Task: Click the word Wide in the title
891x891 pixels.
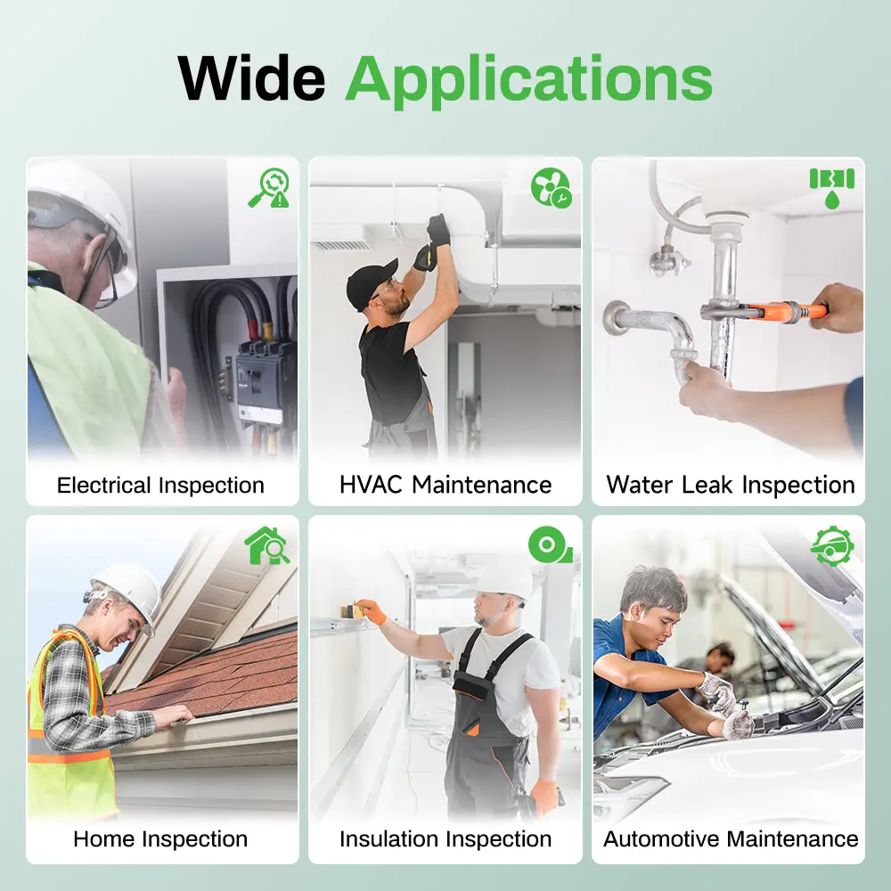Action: (251, 78)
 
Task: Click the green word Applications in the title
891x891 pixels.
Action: (528, 81)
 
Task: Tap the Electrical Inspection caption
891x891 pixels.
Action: (160, 486)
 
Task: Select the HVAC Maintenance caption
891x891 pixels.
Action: (445, 485)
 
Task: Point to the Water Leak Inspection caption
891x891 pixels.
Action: (731, 485)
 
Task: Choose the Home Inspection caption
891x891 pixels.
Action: (160, 838)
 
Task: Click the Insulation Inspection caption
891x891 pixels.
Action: (445, 838)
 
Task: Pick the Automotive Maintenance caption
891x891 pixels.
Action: (731, 838)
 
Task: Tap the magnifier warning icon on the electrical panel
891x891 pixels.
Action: (269, 187)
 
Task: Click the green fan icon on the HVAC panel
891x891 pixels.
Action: (552, 187)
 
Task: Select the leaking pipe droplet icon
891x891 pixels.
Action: (832, 188)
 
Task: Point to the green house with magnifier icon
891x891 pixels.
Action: (266, 545)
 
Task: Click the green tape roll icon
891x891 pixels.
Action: (550, 545)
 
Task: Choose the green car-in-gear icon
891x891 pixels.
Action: (832, 545)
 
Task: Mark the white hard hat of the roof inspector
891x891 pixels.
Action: (129, 594)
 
